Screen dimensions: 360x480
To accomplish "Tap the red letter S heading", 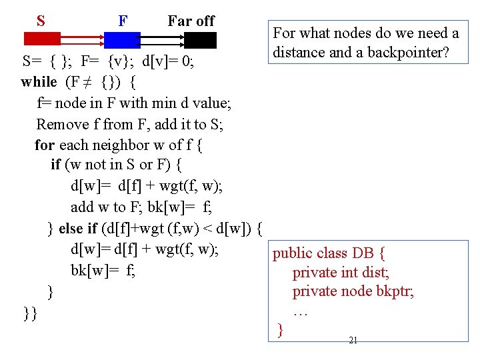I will click(41, 21).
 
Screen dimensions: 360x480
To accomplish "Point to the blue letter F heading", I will click(123, 21).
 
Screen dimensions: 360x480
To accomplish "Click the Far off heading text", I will click(191, 21).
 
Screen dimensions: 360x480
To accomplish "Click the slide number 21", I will click(353, 341).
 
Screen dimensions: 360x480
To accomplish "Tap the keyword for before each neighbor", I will click(45, 145).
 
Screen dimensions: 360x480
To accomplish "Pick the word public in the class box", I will click(293, 253).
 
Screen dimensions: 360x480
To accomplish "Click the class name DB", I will click(363, 253).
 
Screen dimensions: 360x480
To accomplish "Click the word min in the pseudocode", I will click(166, 103).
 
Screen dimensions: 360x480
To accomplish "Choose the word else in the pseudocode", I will click(71, 229).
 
